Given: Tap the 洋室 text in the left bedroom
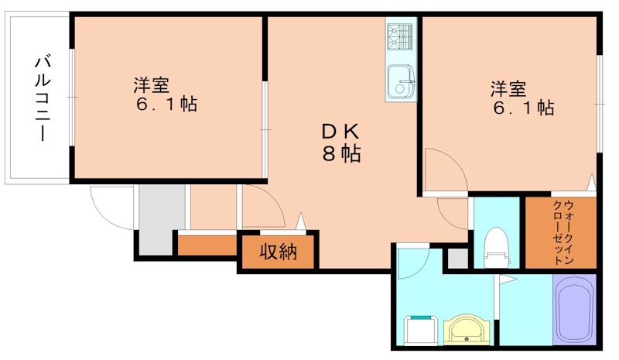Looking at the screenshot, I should [x=152, y=84].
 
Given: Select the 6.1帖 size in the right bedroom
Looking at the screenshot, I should [x=523, y=108].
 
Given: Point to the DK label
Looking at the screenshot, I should [x=340, y=131].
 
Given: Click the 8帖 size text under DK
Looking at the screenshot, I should [x=340, y=153].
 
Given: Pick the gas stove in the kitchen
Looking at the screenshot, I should [x=401, y=36].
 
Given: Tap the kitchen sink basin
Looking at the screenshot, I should [x=400, y=79].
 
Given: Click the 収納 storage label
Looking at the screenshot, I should [x=277, y=253].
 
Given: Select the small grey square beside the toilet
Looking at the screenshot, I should [x=457, y=259].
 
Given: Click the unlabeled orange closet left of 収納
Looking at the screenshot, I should [x=207, y=245].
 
